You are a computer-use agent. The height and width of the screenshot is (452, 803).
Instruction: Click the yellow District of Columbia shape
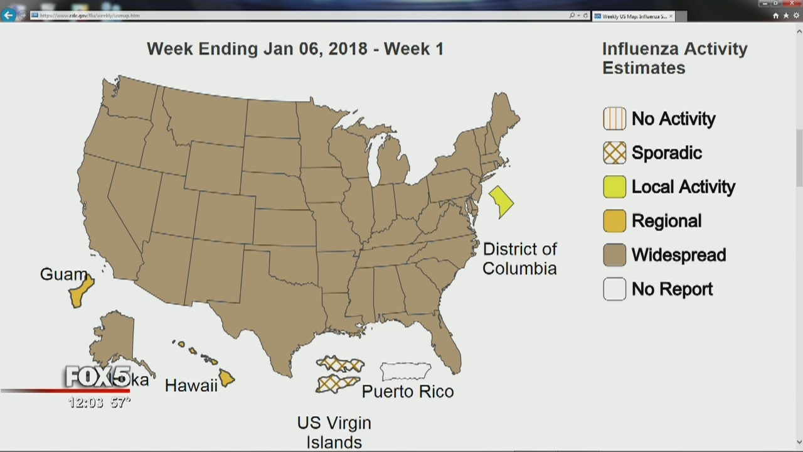point(501,202)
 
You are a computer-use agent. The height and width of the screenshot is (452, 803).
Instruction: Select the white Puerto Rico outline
point(405,371)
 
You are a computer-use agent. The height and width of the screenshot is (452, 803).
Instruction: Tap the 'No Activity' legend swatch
point(615,119)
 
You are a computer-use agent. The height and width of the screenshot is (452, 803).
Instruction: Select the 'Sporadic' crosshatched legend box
point(615,153)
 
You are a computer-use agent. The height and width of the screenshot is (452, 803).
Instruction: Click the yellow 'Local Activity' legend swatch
point(615,186)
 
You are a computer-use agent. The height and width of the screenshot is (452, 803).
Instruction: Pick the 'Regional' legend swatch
point(615,221)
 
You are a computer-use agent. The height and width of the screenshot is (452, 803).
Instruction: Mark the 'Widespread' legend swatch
point(615,255)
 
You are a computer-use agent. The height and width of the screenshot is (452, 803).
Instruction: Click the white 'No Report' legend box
point(615,289)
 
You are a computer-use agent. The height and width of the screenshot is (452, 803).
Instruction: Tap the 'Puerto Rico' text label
point(408,392)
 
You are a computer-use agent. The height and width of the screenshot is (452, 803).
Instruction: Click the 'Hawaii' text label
point(191,385)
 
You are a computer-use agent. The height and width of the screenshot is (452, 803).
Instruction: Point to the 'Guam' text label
point(63,274)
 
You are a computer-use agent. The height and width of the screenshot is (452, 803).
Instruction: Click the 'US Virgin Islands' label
point(334,433)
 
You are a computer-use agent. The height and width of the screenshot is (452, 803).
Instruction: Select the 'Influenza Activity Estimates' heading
point(674,58)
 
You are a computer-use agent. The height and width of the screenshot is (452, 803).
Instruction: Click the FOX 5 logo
point(98,377)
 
